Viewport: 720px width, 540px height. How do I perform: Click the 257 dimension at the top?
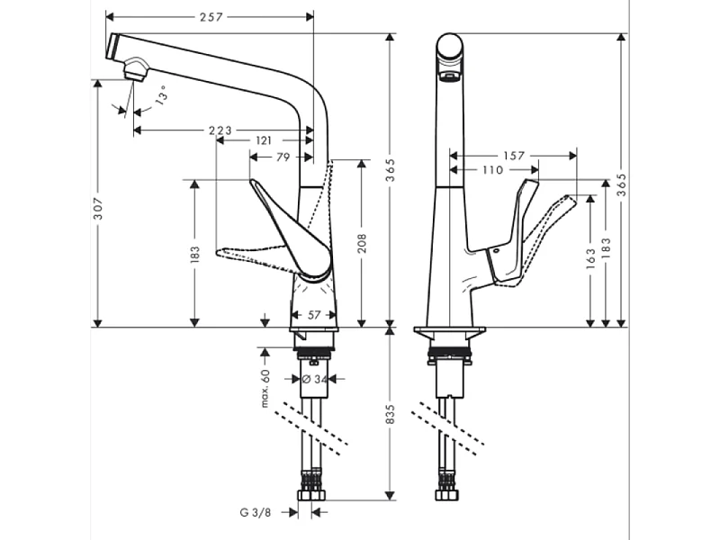[211, 17]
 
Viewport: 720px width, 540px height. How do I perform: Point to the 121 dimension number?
[264, 140]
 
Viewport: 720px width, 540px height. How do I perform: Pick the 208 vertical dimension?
[362, 242]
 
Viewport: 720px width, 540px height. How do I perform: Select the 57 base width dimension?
[313, 315]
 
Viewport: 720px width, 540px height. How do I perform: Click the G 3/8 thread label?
[256, 513]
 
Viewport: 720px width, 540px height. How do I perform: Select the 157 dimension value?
[513, 156]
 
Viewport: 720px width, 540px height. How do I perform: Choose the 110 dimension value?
[493, 169]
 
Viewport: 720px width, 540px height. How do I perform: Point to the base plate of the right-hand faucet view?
[450, 331]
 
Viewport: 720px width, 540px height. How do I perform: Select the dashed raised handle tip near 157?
[567, 200]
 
